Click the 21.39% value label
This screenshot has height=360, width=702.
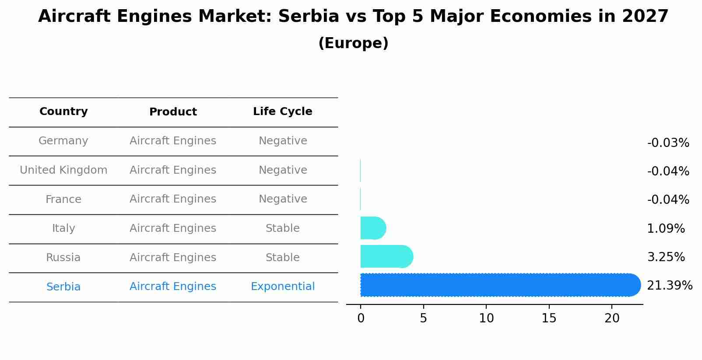pyautogui.click(x=669, y=286)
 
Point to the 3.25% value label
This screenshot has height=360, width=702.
pyautogui.click(x=666, y=257)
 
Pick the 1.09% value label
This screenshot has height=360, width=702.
pyautogui.click(x=666, y=229)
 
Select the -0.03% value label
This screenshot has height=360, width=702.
pyautogui.click(x=668, y=143)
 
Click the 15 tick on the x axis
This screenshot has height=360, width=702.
pyautogui.click(x=549, y=318)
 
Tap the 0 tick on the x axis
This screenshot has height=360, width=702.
pyautogui.click(x=361, y=318)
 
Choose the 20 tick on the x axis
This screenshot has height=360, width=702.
pyautogui.click(x=612, y=318)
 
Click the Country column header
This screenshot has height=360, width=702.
pyautogui.click(x=63, y=112)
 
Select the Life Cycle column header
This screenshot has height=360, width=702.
pyautogui.click(x=282, y=112)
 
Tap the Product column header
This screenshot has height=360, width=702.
pyautogui.click(x=173, y=112)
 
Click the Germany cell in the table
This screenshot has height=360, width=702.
pyautogui.click(x=63, y=141)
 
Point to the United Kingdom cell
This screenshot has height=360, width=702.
pyautogui.click(x=63, y=170)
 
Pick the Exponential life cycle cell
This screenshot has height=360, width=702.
pyautogui.click(x=282, y=287)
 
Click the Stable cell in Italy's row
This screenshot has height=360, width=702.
pyautogui.click(x=282, y=228)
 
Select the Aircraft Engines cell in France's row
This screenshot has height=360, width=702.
pyautogui.click(x=173, y=199)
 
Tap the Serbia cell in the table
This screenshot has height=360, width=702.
pyautogui.click(x=63, y=287)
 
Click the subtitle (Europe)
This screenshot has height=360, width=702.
pyautogui.click(x=353, y=43)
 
